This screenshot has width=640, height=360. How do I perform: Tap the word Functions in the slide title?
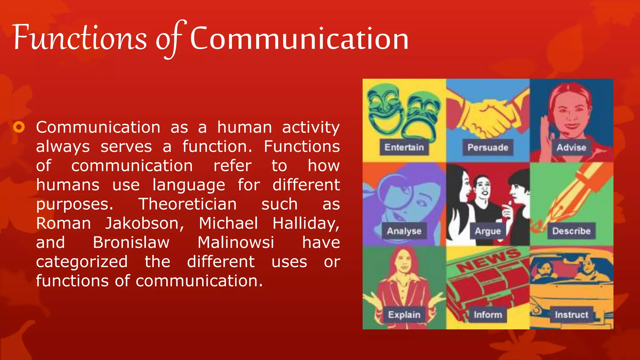click(x=80, y=38)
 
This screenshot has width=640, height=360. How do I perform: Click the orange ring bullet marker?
click(x=19, y=127)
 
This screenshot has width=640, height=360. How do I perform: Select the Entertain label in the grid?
click(x=404, y=147)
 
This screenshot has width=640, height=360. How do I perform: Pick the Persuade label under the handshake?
click(x=487, y=147)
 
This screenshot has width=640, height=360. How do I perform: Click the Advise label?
click(x=571, y=147)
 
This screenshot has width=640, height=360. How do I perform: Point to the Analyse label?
click(x=404, y=231)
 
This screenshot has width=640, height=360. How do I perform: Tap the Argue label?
click(x=487, y=231)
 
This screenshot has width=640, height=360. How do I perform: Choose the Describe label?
click(x=571, y=231)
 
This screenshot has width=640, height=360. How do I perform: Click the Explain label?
click(x=404, y=314)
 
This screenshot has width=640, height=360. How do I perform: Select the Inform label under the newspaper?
click(x=487, y=314)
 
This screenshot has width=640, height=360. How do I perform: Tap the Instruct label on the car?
click(x=571, y=314)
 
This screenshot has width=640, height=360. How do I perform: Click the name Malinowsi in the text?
click(x=236, y=243)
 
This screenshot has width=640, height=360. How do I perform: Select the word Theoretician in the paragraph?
click(x=187, y=204)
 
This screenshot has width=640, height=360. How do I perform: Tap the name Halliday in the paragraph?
click(x=306, y=224)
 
